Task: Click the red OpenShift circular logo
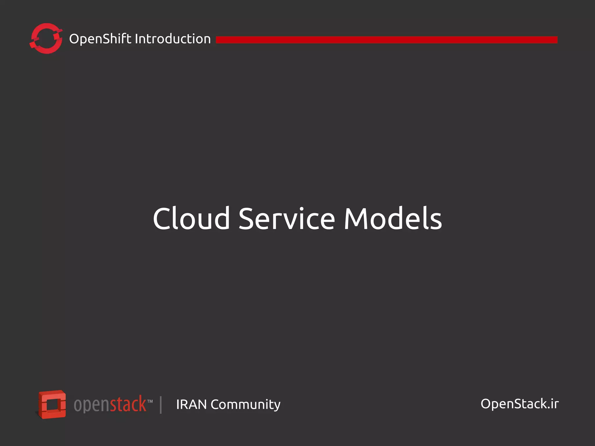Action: pyautogui.click(x=46, y=39)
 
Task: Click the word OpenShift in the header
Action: pyautogui.click(x=100, y=39)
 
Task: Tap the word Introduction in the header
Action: pyautogui.click(x=173, y=39)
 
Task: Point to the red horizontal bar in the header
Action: pyautogui.click(x=386, y=40)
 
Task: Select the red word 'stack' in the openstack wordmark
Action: pyautogui.click(x=128, y=404)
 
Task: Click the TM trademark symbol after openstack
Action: pyautogui.click(x=150, y=402)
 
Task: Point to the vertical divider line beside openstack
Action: pyautogui.click(x=161, y=405)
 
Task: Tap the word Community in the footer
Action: pyautogui.click(x=245, y=405)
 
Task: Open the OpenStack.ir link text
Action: pyautogui.click(x=519, y=404)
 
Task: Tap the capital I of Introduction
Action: pyautogui.click(x=137, y=39)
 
